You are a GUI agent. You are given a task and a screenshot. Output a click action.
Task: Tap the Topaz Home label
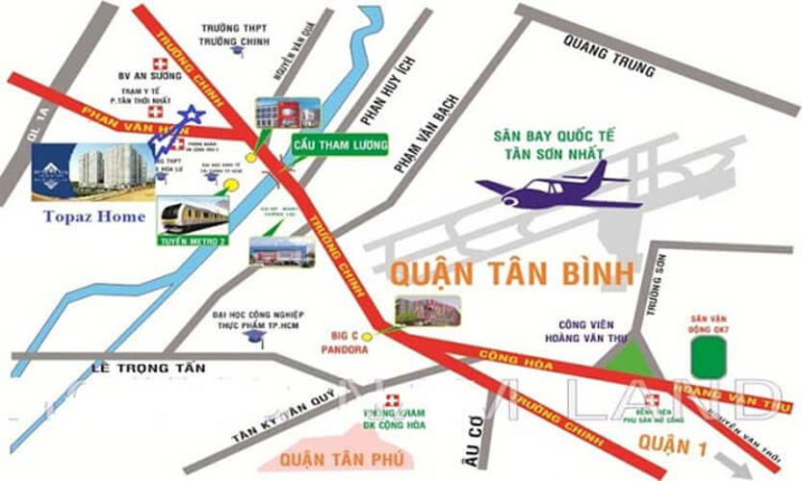tap(93, 216)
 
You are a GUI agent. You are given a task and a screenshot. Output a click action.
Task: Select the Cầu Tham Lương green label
tap(340, 145)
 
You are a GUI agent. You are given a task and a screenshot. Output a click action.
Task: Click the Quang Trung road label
tap(609, 56)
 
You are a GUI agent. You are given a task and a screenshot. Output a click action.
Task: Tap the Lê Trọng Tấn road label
tap(139, 367)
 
